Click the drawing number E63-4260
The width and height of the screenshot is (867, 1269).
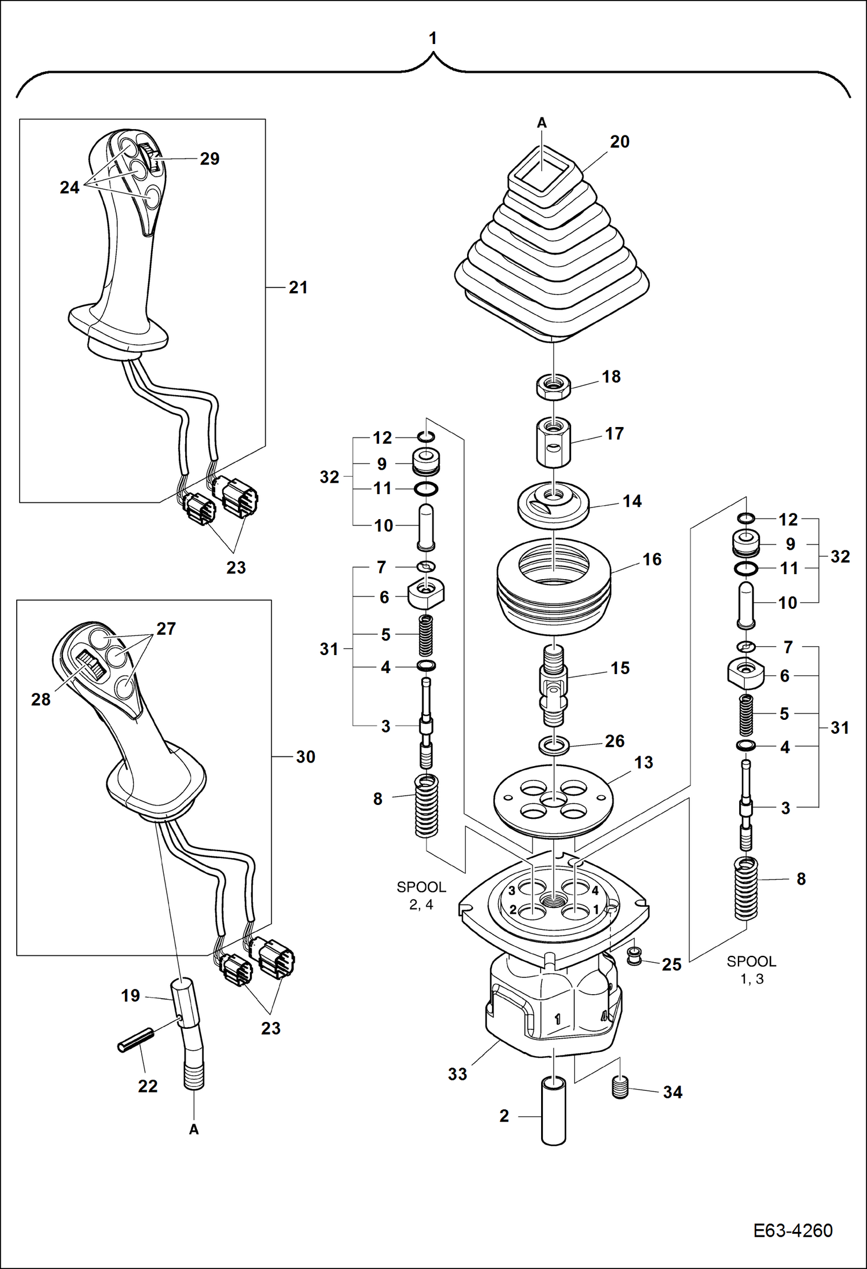pos(792,1230)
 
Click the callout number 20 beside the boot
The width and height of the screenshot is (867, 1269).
pos(619,142)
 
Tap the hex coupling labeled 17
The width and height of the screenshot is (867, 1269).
pos(553,443)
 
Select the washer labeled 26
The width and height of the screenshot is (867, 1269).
pos(554,745)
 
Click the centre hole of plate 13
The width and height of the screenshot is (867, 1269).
pos(553,799)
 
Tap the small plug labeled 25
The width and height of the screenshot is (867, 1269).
pos(635,955)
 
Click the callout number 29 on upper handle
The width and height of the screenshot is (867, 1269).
pos(210,159)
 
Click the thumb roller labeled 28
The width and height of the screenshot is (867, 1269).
pos(91,665)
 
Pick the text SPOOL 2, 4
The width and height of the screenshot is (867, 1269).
pos(421,895)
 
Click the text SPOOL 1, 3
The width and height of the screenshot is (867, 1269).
pos(751,970)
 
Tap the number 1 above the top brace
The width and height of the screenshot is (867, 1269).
pos(432,38)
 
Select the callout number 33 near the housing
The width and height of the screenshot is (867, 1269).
pos(457,1074)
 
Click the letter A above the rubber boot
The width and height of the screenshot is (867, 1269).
pos(542,123)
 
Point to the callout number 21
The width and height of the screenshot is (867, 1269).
pos(298,287)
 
